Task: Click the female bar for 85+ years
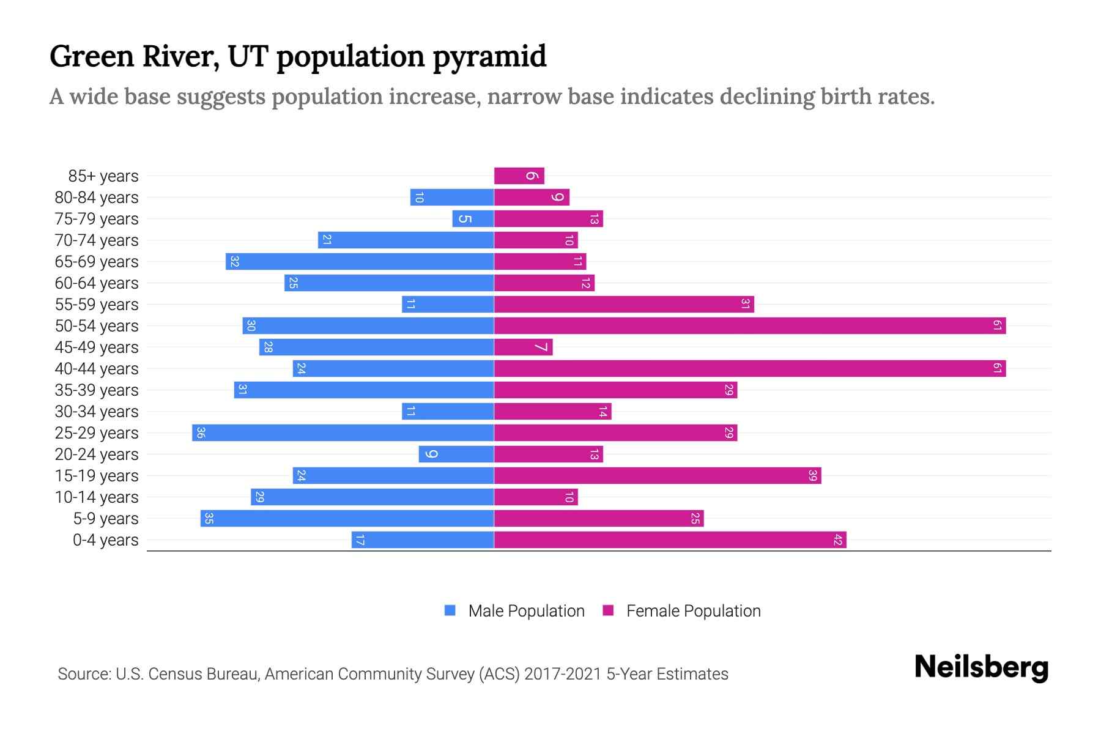(x=519, y=176)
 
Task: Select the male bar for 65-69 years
(x=360, y=262)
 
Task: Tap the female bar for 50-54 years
(x=749, y=326)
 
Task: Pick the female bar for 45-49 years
(x=523, y=347)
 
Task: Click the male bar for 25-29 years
(x=343, y=433)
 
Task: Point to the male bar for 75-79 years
(x=473, y=219)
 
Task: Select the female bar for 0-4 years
(x=670, y=540)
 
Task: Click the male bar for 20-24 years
(x=456, y=454)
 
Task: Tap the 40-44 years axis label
(x=97, y=369)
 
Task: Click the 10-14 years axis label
(x=97, y=497)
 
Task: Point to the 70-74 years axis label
(x=97, y=240)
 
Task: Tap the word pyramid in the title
(x=489, y=57)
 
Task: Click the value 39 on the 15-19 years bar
(x=812, y=476)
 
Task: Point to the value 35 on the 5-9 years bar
(x=209, y=519)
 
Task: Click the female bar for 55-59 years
(x=624, y=305)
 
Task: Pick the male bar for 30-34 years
(x=448, y=412)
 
